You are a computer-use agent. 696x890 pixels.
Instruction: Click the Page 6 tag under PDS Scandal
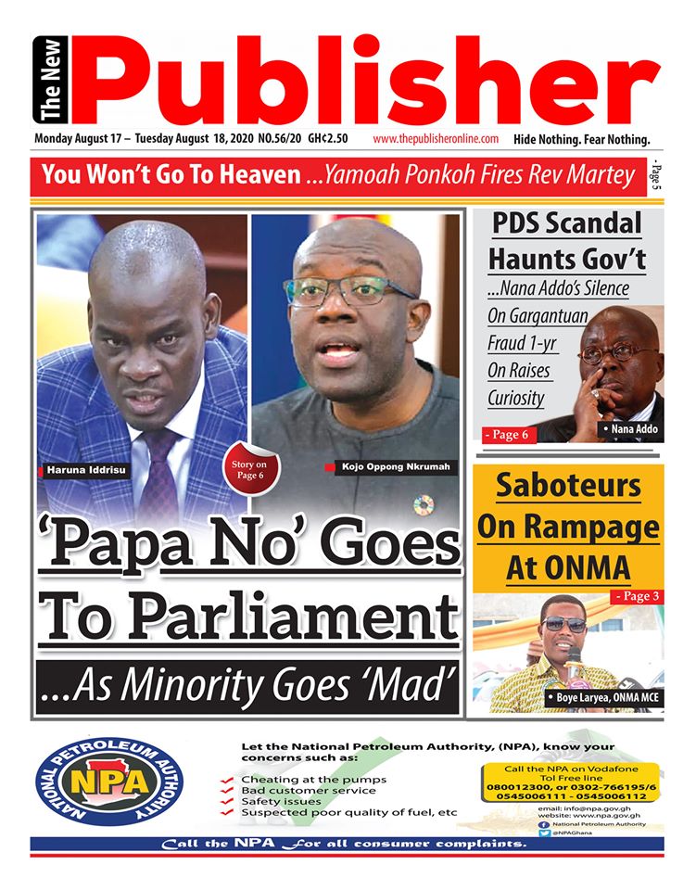coord(509,434)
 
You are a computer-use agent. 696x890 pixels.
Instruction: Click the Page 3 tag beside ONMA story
coord(636,595)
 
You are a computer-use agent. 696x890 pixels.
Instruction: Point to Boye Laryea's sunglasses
coord(565,624)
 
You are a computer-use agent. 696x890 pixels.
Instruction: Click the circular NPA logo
coord(108,784)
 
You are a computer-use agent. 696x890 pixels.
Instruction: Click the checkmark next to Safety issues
coord(227,801)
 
